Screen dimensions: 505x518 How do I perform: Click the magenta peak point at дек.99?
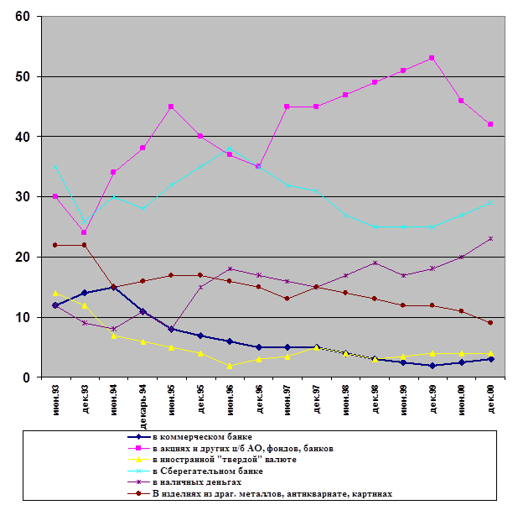click(x=432, y=58)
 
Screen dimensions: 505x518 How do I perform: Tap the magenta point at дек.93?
click(x=84, y=232)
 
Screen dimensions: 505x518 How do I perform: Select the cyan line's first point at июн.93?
click(x=55, y=166)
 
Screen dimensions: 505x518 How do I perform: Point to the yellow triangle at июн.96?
click(x=229, y=365)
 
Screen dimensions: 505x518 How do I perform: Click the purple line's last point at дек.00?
click(x=490, y=239)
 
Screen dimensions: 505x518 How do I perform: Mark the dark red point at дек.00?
click(x=490, y=323)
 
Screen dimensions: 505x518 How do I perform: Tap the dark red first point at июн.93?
click(x=55, y=245)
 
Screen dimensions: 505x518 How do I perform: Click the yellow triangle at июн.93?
click(x=55, y=293)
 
